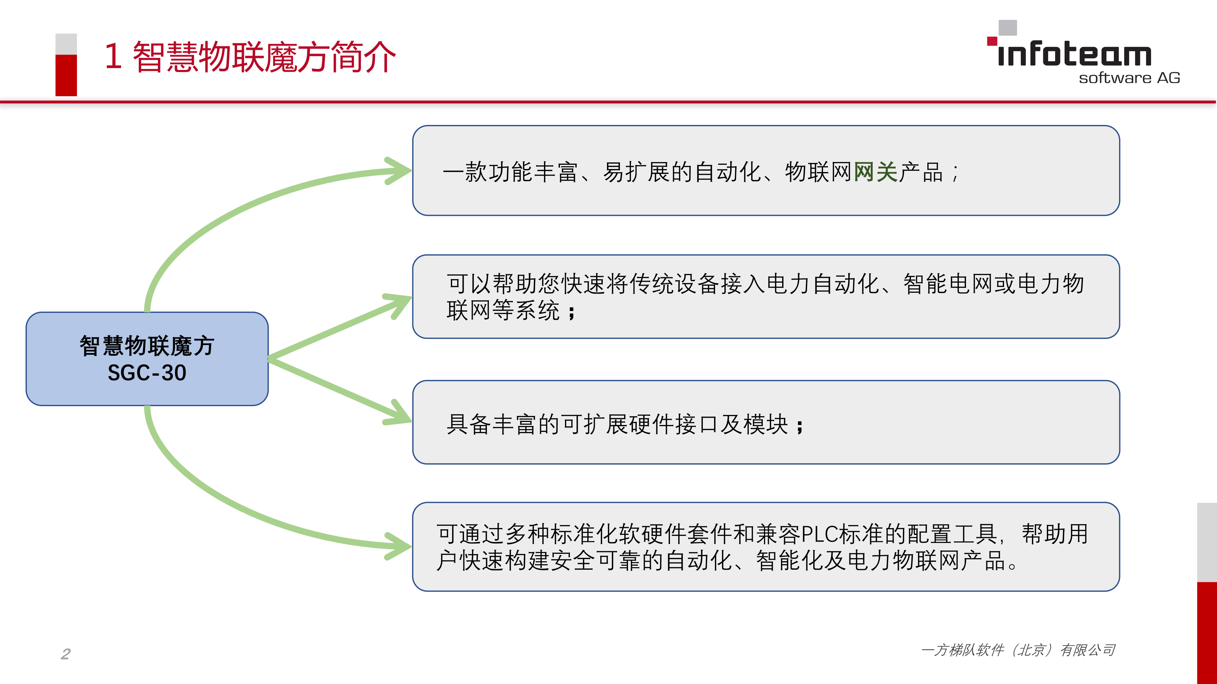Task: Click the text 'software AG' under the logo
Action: coord(1129,78)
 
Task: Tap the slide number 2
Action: coord(66,654)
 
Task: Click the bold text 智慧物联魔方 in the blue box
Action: coord(147,346)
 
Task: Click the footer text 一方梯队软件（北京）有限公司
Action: coord(1018,650)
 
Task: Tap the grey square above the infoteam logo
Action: coord(1008,27)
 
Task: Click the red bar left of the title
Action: coord(66,75)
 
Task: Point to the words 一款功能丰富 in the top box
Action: coord(510,172)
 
